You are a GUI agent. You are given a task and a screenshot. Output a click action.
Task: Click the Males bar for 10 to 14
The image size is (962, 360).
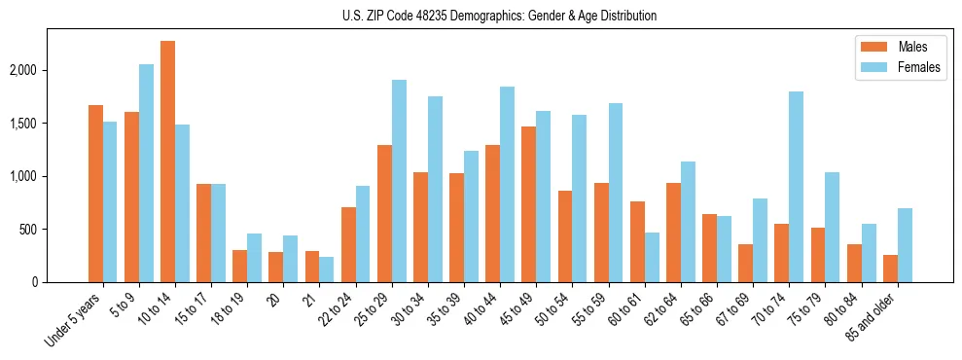point(168,162)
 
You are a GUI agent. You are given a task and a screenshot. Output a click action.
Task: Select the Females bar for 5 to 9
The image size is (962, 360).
point(146,173)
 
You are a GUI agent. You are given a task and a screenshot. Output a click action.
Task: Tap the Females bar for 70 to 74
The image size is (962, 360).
point(797,187)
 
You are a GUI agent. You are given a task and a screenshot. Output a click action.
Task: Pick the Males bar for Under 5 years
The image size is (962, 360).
point(95,194)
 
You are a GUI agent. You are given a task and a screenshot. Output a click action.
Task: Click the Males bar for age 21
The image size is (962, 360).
point(312,267)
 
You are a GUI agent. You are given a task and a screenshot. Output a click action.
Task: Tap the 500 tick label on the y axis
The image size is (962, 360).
point(54,230)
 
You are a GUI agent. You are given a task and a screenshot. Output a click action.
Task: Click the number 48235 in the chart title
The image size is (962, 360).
point(422,16)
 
